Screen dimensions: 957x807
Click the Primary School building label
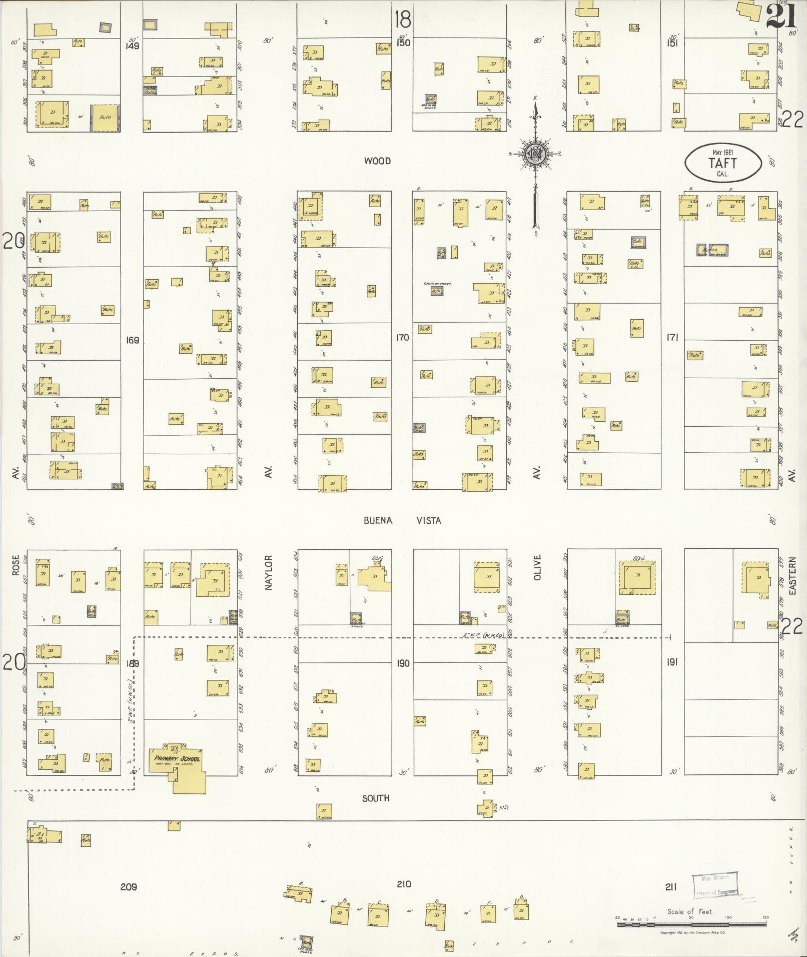[177, 758]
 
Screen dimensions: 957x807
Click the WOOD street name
[377, 161]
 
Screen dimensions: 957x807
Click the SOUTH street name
[376, 798]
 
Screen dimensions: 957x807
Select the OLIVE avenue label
[538, 567]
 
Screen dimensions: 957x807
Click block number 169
[133, 341]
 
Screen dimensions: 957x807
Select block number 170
[402, 338]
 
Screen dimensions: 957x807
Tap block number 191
[671, 662]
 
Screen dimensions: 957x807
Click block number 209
[129, 887]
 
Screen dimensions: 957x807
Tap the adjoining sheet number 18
[402, 19]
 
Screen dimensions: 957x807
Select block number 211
[670, 887]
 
